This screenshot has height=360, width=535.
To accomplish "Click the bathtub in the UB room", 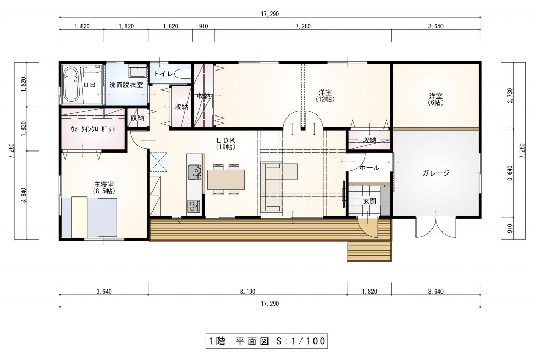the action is tap(71, 84).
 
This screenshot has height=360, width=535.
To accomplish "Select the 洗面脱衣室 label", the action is tap(126, 85).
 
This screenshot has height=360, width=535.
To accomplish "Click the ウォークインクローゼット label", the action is tap(93, 130).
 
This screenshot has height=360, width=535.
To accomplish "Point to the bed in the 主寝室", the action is tap(89, 217).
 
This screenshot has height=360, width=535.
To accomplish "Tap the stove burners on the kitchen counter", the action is tap(193, 206).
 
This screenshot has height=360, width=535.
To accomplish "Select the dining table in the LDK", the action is tap(226, 180).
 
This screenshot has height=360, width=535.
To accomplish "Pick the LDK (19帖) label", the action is tap(226, 144).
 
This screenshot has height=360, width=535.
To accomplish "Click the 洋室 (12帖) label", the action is tap(325, 96).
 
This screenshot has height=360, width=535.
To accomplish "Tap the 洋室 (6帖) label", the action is tap(436, 99).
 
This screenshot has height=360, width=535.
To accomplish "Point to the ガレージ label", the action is tap(436, 173).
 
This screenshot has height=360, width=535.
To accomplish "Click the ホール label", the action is tap(369, 168).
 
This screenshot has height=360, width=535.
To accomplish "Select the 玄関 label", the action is tap(369, 201).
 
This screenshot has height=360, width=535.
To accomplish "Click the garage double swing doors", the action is tap(436, 226).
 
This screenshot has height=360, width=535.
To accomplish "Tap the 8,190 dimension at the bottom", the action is tap(247, 292).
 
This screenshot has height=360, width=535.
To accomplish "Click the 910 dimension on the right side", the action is tap(510, 228).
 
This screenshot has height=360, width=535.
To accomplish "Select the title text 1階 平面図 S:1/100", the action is tap(267, 341).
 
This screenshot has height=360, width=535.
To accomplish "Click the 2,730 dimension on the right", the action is tap(510, 96).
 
